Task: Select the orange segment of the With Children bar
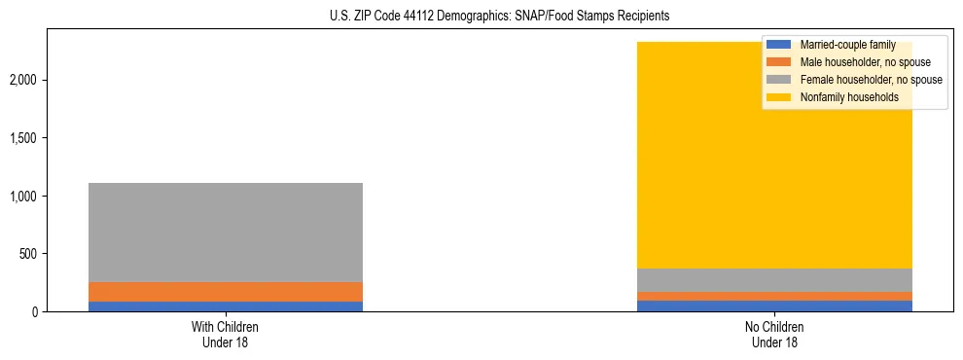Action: coord(226,292)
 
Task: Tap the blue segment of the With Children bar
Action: coord(226,306)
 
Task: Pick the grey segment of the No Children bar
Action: coord(774,280)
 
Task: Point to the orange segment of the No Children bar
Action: coord(774,296)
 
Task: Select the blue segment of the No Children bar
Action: coord(774,306)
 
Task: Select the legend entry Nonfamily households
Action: coord(842,97)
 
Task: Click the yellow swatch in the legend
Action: coord(778,97)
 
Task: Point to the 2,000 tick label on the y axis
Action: coord(25,79)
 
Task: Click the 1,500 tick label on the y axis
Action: coord(25,137)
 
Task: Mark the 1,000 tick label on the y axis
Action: coord(25,196)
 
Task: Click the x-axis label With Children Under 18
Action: coord(226,335)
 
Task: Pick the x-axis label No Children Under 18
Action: coord(774,335)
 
